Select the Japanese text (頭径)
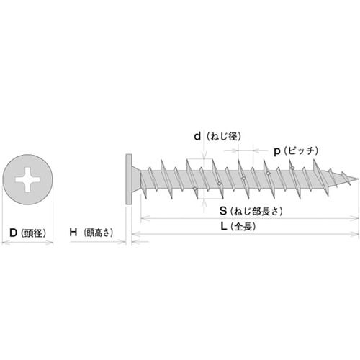point(34,232)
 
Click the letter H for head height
point(73,232)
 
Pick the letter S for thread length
point(225,212)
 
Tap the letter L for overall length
point(225,226)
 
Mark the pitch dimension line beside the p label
point(245,151)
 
